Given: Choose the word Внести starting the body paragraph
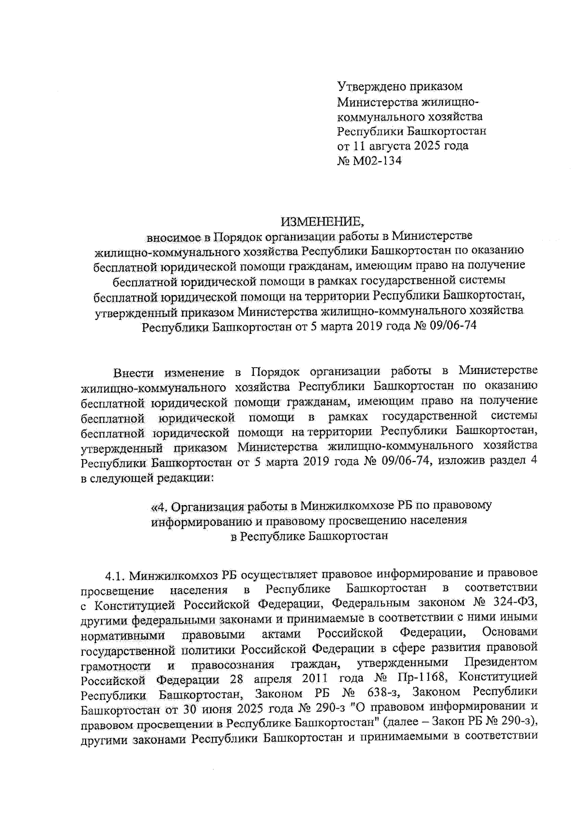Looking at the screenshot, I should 133,373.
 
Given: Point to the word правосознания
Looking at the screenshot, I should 233,665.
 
